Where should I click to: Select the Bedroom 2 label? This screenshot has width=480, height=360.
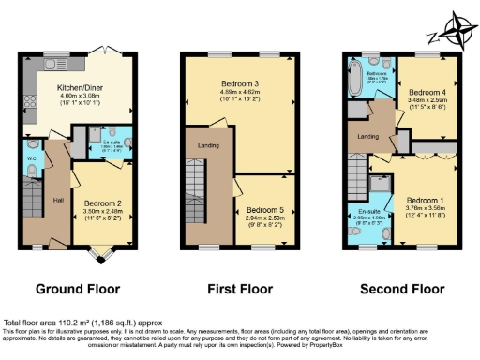pyautogui.click(x=101, y=202)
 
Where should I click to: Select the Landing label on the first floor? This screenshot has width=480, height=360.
pyautogui.click(x=208, y=145)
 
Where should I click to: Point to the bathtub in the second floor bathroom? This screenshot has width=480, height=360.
pyautogui.click(x=354, y=79)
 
